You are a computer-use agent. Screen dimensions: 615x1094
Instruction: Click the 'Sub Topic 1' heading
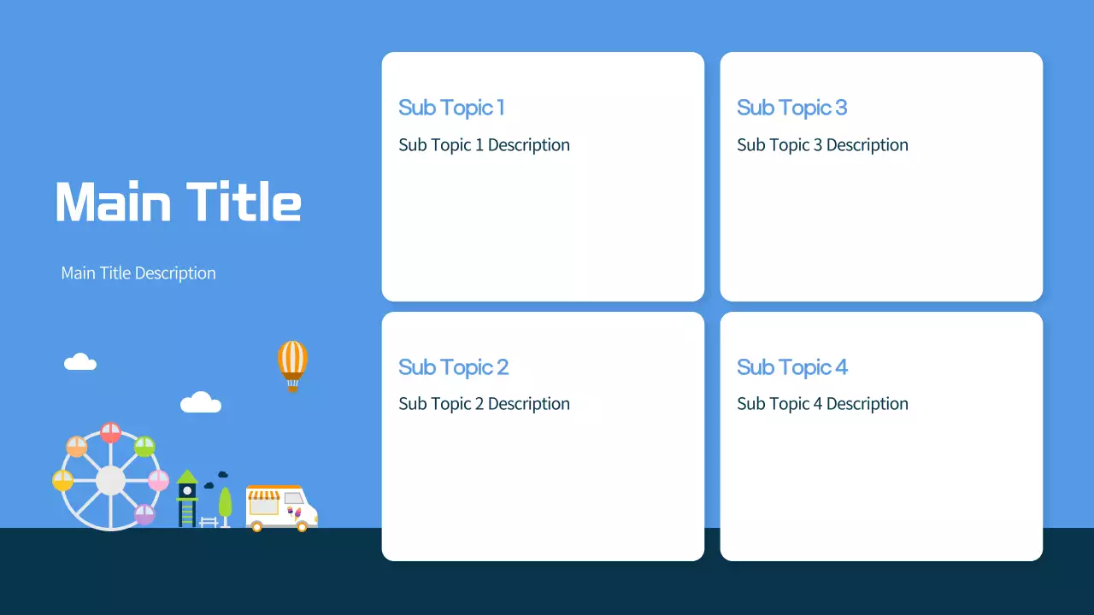[x=451, y=108]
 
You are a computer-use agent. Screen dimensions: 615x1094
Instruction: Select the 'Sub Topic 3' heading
[x=791, y=108]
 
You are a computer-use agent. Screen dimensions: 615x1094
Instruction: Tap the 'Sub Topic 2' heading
[x=453, y=367]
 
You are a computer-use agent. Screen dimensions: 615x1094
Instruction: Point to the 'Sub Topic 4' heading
[x=792, y=367]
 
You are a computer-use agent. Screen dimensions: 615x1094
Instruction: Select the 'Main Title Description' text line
[x=138, y=273]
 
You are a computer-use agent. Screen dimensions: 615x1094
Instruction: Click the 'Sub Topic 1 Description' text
[x=484, y=145]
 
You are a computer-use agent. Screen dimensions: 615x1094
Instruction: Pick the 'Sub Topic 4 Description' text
[x=822, y=404]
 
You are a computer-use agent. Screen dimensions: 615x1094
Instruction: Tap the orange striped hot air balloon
[x=292, y=360]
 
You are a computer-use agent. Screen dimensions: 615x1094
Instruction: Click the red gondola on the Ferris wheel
[x=110, y=432]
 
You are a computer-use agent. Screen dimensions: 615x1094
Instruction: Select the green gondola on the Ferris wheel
[x=144, y=446]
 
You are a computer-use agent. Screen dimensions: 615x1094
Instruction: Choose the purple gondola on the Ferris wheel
[x=144, y=514]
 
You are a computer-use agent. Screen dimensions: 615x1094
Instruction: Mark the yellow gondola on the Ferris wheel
[x=63, y=480]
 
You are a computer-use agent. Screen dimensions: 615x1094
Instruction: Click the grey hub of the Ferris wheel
[x=110, y=480]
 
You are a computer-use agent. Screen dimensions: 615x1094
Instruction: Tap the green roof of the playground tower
[x=187, y=477]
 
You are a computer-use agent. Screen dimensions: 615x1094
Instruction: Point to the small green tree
[x=225, y=502]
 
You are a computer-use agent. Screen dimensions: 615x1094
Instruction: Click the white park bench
[x=209, y=521]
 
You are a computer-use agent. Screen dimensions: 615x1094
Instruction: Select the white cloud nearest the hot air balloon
[x=201, y=402]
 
